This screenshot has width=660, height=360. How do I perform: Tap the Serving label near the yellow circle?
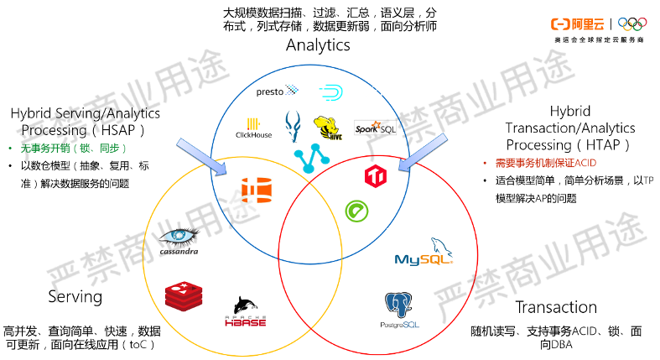coord(75,296)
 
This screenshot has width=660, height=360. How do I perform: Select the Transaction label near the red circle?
coord(556,306)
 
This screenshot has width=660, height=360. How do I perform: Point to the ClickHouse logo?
coord(255,127)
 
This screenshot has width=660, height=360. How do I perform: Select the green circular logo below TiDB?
coord(356,210)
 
